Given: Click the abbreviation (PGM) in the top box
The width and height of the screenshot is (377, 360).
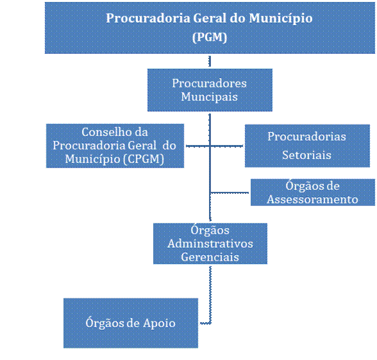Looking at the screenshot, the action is [x=210, y=37].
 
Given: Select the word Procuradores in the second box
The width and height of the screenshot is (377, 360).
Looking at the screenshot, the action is [x=209, y=83].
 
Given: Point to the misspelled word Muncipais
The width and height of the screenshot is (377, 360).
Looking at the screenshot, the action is [x=209, y=97].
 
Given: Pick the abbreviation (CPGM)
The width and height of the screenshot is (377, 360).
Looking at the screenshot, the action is [x=144, y=159].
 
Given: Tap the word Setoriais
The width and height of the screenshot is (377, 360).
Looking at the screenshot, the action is [x=306, y=155].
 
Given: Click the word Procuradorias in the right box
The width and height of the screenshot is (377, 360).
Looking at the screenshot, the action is [x=306, y=137].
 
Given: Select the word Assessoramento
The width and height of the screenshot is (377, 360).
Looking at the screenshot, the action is [x=312, y=200].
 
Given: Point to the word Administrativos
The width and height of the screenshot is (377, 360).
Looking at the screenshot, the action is [x=210, y=244].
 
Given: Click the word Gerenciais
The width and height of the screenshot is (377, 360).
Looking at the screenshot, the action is [x=210, y=257].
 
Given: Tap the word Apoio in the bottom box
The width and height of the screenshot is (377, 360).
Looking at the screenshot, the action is [x=159, y=323].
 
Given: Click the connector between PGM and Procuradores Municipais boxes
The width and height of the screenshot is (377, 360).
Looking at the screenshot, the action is [x=210, y=61].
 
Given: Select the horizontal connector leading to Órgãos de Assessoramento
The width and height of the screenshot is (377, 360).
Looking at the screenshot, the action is [x=230, y=193].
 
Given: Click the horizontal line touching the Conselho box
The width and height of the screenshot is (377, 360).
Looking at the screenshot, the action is [x=198, y=146].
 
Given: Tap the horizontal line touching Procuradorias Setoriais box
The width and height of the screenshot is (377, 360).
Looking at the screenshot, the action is [x=226, y=146].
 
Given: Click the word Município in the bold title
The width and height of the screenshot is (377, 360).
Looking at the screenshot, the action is [x=281, y=19].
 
